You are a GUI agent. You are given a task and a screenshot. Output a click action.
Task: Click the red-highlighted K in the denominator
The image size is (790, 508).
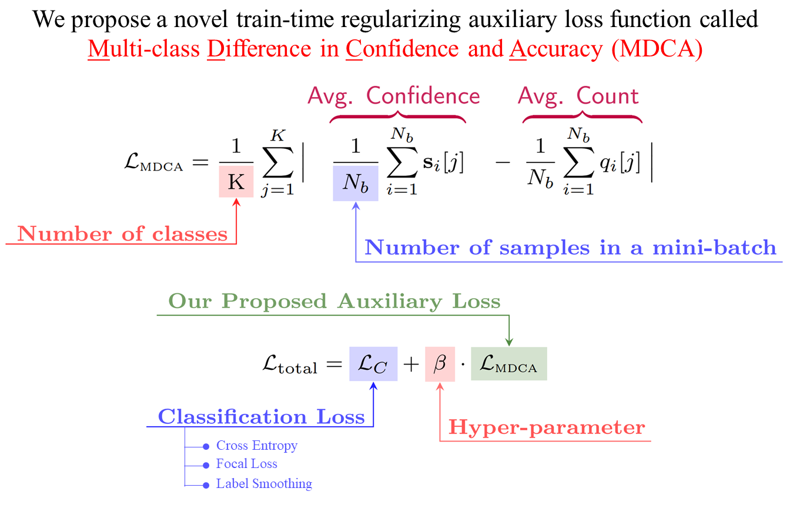pos(236,182)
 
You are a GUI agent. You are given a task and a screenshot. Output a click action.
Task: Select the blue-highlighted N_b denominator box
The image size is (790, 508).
pos(355,183)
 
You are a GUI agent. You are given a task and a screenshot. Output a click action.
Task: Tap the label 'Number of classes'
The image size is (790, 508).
pos(122,234)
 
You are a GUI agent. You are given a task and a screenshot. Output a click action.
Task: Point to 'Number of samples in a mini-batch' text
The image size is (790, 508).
pos(570,248)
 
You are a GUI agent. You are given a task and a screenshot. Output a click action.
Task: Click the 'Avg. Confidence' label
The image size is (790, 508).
pos(393,96)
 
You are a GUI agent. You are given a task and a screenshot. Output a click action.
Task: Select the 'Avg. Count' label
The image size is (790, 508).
pos(578,96)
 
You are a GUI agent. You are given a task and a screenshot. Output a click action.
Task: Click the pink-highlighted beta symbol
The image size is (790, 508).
pos(440,365)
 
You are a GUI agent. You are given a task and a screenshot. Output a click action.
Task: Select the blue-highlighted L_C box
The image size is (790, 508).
pos(373,365)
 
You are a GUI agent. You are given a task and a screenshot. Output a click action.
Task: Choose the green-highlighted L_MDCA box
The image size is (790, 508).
pos(508,365)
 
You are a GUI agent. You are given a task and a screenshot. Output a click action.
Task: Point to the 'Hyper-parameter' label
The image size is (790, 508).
pos(547,427)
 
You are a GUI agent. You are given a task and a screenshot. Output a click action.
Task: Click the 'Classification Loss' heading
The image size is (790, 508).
pos(261,417)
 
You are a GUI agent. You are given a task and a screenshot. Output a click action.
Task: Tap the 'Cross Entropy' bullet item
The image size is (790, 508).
pos(256,446)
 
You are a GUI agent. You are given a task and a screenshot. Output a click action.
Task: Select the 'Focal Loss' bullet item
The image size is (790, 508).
pos(246,464)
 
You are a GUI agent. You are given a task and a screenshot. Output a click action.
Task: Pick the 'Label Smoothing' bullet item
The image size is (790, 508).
pos(263,484)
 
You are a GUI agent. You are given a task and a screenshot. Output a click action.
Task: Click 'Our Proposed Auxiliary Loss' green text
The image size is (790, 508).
pos(334,301)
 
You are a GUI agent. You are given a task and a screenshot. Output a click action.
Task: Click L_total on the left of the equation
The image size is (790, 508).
pos(289,365)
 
